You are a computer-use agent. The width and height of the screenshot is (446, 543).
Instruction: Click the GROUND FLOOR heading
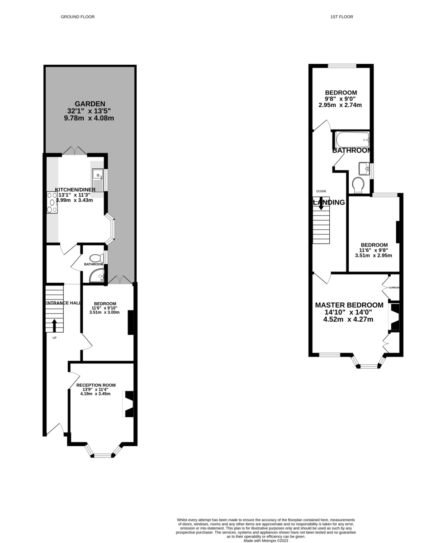77,17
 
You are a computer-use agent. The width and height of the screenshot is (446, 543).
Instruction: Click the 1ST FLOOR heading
342,17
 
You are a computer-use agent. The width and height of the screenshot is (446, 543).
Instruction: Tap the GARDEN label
90,104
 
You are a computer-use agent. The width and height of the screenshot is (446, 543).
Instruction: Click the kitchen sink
98,180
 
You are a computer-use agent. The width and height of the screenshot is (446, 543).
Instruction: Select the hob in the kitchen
52,202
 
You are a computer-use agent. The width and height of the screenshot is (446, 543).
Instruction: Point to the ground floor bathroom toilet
97,258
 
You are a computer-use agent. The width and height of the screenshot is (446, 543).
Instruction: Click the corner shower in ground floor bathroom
97,276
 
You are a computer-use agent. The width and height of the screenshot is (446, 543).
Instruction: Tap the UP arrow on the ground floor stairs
54,325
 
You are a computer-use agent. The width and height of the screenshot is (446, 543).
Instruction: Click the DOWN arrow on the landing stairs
321,204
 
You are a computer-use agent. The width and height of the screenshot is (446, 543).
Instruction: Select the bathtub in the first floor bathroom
352,140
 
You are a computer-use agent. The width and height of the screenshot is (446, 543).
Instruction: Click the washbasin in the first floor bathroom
364,169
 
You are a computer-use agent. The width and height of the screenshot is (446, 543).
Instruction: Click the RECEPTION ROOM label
96,385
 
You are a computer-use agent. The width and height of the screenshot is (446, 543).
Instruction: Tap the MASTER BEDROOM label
349,305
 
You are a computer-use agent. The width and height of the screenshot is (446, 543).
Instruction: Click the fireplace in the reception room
128,404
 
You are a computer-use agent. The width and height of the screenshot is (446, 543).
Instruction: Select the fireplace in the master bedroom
394,317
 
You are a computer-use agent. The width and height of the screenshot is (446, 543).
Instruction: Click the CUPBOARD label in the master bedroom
394,288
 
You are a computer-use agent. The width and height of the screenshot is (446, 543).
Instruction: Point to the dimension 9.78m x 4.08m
89,118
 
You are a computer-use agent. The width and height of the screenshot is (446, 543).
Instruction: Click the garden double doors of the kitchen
75,151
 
